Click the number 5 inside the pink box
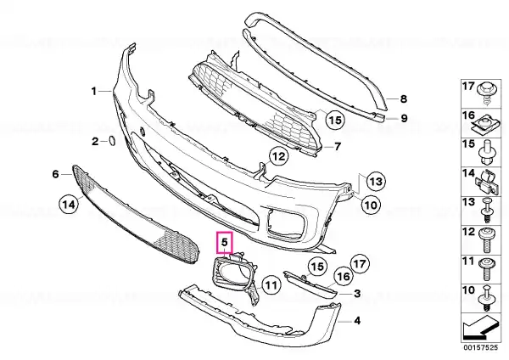click(225, 242)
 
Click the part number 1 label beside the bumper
click(94, 92)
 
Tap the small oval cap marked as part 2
click(111, 141)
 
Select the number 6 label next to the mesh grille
click(55, 174)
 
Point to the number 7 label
click(338, 147)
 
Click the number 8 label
click(403, 98)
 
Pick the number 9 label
click(404, 118)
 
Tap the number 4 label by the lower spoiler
click(357, 321)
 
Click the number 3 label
click(357, 294)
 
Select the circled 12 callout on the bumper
click(279, 156)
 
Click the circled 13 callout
click(376, 182)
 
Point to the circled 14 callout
click(69, 205)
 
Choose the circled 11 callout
click(271, 285)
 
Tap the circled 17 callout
click(360, 263)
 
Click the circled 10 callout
click(371, 205)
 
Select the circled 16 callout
click(344, 276)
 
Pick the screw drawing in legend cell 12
click(487, 240)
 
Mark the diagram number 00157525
click(480, 347)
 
